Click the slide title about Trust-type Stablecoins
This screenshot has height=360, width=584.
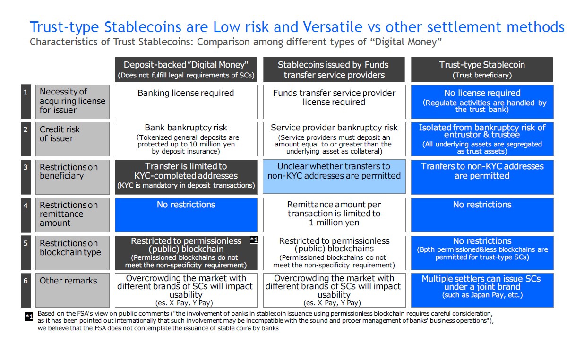point(297,27)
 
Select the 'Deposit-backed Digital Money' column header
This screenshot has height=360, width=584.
point(186,69)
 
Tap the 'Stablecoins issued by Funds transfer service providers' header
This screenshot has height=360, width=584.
point(334,69)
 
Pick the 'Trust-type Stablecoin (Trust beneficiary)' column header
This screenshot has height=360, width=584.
point(482,69)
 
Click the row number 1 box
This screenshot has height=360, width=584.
point(26,102)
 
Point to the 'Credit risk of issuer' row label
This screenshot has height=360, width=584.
point(72,139)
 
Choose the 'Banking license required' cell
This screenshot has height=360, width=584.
point(186,102)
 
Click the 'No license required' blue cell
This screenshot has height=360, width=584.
point(482,102)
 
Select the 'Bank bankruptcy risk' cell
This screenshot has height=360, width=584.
point(186,139)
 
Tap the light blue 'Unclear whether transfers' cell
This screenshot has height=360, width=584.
point(334,177)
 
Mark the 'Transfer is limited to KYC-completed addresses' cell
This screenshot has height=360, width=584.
point(186,177)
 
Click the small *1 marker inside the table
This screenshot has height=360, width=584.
point(254,240)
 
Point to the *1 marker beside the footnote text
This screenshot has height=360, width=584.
point(29,317)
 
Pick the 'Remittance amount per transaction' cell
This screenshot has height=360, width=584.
point(334,215)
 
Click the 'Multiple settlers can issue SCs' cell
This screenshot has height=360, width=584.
point(482,290)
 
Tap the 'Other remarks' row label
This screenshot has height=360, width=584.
point(72,290)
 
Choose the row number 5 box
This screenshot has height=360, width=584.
point(26,253)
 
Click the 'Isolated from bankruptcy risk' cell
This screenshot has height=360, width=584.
point(482,139)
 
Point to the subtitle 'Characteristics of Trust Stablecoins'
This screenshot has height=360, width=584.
point(236,42)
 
